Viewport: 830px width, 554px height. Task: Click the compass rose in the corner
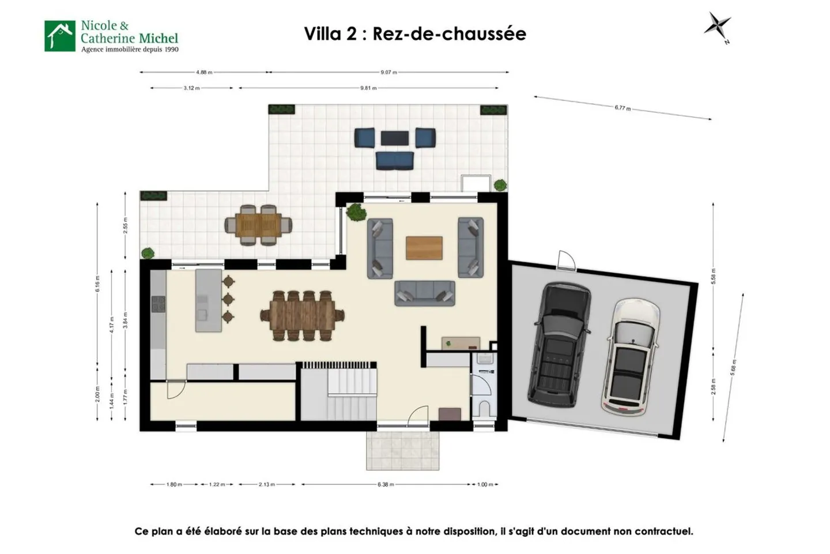click(x=718, y=26)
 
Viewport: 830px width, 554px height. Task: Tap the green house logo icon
click(x=60, y=36)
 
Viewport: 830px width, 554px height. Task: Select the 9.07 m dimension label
click(x=389, y=73)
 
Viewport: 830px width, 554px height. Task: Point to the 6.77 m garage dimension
click(x=622, y=108)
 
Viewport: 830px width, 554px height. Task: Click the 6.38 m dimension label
click(x=386, y=484)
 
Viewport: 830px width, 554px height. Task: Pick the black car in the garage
click(x=559, y=342)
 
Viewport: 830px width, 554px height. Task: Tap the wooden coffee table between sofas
click(x=424, y=248)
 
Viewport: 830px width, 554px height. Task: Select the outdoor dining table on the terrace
click(x=259, y=225)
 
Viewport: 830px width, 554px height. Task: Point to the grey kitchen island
click(x=208, y=300)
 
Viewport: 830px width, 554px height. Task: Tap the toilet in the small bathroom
click(x=484, y=408)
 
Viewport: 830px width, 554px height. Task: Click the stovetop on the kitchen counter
click(x=158, y=304)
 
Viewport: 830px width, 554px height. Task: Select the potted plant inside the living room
click(x=356, y=212)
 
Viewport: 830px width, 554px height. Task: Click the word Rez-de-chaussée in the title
click(x=449, y=33)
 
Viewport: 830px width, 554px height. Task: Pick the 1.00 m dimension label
click(x=486, y=484)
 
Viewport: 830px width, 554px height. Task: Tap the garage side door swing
click(x=565, y=260)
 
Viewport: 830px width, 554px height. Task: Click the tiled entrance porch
click(x=403, y=450)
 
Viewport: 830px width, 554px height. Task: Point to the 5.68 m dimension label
click(x=734, y=367)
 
